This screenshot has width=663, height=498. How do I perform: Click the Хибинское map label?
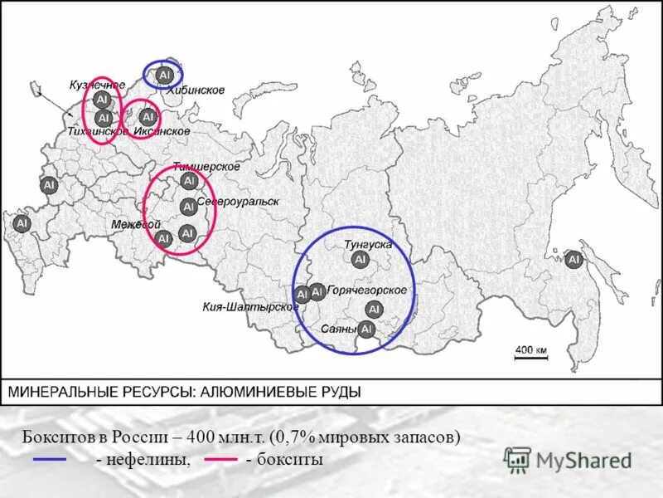point(196,90)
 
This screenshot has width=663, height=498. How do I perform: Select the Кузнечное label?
point(97,85)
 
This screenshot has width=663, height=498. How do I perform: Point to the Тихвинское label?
point(98,132)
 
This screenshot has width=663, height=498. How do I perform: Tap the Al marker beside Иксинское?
point(148,117)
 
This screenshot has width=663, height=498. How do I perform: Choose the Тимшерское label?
point(201,167)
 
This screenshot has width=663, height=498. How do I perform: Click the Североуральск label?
point(238,202)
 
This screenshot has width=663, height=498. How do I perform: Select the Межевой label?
point(135,225)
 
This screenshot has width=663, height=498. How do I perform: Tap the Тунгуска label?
point(368,244)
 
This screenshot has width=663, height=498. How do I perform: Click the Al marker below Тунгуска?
point(360,260)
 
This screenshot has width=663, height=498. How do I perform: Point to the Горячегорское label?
point(367,290)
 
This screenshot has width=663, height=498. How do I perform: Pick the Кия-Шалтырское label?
point(250,306)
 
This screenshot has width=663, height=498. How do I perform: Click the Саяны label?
point(339,330)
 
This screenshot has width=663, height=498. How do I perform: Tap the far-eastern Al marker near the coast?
point(573,260)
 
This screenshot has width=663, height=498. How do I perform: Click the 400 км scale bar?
point(531,356)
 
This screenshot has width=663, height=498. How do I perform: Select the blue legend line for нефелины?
point(49,459)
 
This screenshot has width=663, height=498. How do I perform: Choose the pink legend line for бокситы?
point(220,459)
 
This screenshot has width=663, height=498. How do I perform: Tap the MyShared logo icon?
point(518,459)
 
